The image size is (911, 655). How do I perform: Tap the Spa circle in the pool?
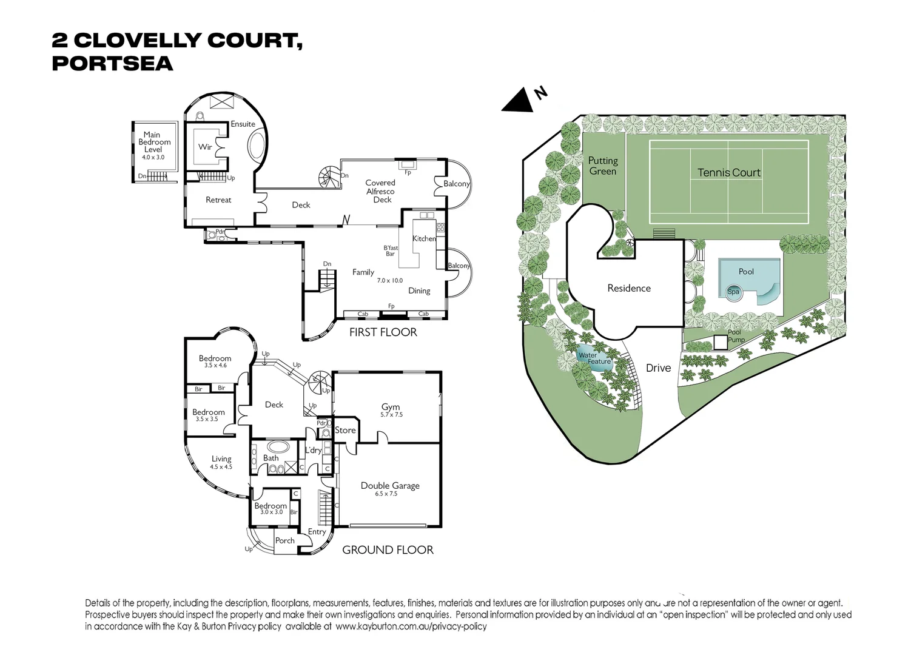[733, 292]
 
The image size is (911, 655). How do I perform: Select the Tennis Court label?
[728, 173]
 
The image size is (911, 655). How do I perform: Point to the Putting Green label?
[603, 166]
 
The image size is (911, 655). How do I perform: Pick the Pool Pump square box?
[720, 342]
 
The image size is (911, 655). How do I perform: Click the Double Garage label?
[390, 485]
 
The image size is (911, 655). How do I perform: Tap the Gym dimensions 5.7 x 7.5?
[391, 415]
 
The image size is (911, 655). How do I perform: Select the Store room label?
[345, 430]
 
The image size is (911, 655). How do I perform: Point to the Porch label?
[284, 540]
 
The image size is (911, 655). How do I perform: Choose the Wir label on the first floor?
[205, 147]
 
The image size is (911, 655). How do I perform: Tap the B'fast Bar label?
[391, 250]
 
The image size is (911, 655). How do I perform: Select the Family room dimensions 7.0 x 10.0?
[389, 281]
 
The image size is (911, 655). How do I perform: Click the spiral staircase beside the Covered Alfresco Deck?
[329, 177]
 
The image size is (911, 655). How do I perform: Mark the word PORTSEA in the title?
[112, 64]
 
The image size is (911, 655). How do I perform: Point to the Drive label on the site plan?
[658, 368]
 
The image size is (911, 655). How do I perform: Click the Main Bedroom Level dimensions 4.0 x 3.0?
[153, 157]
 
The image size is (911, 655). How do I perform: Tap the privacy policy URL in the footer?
[411, 626]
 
